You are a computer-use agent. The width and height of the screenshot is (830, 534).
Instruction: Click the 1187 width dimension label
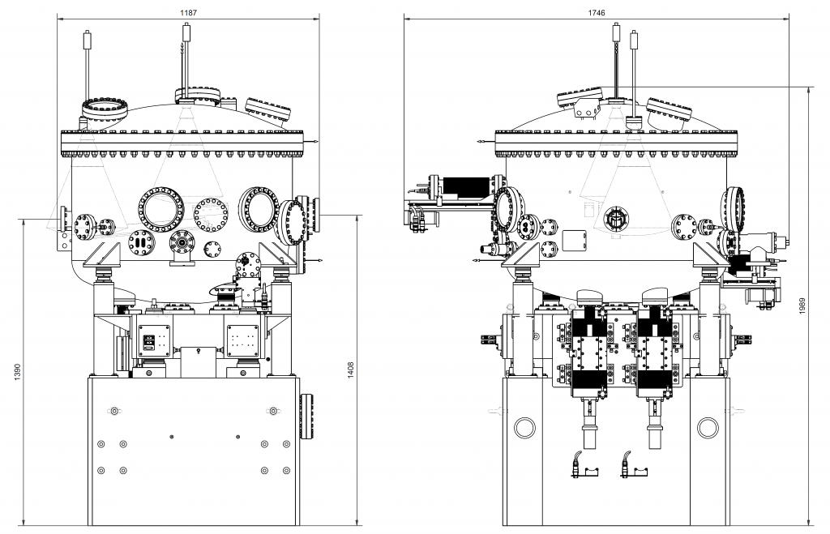pos(189,14)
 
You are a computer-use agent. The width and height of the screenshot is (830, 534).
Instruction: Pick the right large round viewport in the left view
pos(260,208)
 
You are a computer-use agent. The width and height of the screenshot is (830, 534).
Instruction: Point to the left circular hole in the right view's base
pos(524,427)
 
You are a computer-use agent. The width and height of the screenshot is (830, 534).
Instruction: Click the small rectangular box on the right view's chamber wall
pos(574,240)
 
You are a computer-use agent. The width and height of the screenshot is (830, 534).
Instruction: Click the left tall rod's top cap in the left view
pos(87,36)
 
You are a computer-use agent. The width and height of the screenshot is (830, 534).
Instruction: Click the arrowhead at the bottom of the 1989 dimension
pos(811,522)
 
